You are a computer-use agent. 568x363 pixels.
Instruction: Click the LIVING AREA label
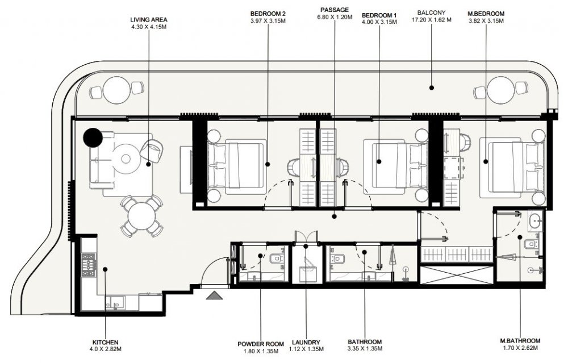tap(149, 19)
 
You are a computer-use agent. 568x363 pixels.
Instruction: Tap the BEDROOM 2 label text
tap(268, 14)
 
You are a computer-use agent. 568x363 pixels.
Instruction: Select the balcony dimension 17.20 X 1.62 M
tap(432, 20)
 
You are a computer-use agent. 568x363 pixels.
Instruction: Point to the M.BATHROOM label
tap(520, 340)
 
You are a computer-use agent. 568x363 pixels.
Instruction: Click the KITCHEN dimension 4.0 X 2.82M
tap(106, 349)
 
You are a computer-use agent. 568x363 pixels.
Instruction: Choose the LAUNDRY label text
tap(306, 343)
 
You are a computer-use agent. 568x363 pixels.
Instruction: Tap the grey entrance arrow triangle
tap(215, 295)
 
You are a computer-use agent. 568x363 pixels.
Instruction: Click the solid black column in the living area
tap(93, 137)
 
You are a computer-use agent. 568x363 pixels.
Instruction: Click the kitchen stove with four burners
tap(89, 265)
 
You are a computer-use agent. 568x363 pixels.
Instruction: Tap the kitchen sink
tap(115, 303)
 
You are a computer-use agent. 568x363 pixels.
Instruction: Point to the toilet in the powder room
tap(277, 259)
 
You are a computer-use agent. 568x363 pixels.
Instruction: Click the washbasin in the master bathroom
tap(534, 220)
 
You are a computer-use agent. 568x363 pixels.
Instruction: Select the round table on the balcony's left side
tap(116, 90)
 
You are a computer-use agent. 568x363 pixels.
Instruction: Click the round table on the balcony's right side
tap(500, 90)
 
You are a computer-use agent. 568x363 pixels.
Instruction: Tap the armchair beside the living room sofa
tap(152, 151)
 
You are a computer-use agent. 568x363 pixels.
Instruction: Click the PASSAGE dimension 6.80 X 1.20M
tap(335, 16)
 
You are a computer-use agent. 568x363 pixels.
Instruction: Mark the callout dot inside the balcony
tap(432, 87)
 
